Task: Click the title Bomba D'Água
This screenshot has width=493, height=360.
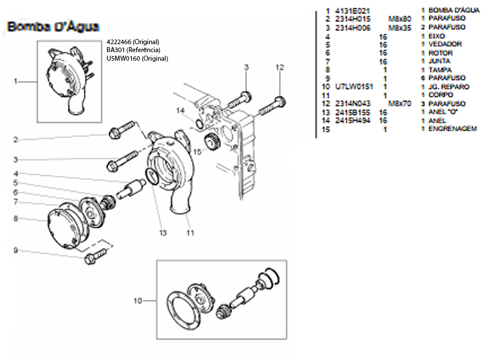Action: point(53,26)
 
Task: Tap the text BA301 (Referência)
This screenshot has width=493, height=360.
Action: point(132,50)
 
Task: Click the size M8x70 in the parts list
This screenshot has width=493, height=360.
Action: point(400,104)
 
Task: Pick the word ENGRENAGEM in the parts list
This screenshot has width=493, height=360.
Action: point(453,130)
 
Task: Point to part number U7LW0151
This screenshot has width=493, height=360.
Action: point(354,87)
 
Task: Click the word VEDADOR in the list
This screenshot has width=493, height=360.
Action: point(445,44)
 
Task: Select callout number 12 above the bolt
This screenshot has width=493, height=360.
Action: point(279,67)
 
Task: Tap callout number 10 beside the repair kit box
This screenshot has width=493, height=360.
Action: point(138,300)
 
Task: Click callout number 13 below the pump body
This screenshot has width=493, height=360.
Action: point(162,233)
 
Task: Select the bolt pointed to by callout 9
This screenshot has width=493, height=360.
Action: point(96,256)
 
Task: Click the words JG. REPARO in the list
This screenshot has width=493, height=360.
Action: point(449,87)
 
